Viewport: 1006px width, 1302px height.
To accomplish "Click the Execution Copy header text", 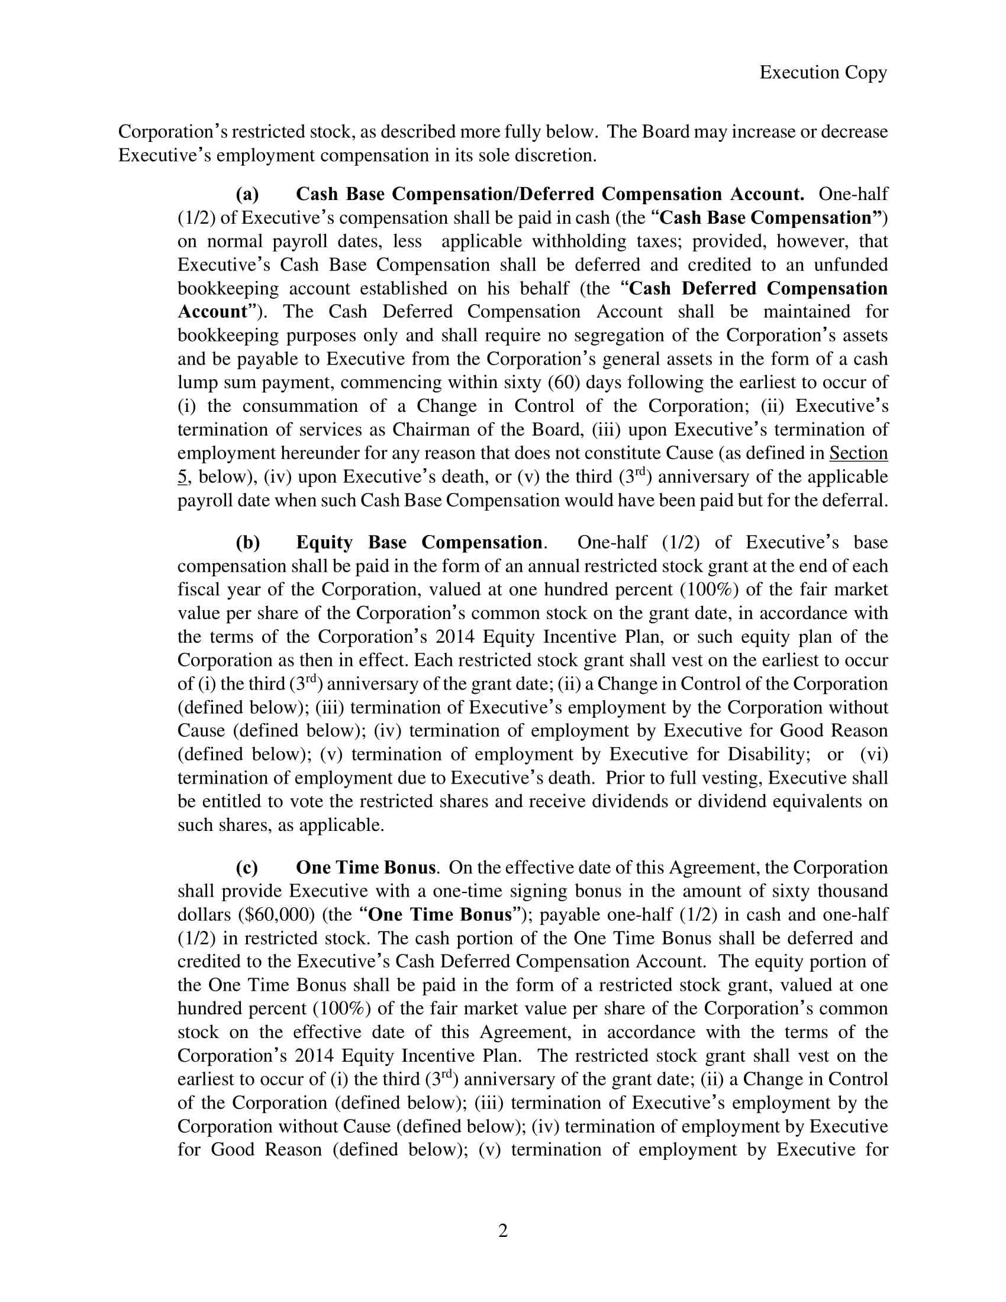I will [823, 73].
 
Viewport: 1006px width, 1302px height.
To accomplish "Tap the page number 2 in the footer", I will [503, 1230].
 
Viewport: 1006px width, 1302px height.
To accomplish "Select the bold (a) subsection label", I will [247, 194].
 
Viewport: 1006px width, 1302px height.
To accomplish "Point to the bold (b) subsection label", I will [248, 543].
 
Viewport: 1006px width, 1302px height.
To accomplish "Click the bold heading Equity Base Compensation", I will [419, 543].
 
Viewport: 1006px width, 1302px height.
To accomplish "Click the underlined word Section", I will [858, 453].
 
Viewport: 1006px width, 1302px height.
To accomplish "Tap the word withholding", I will [579, 241].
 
